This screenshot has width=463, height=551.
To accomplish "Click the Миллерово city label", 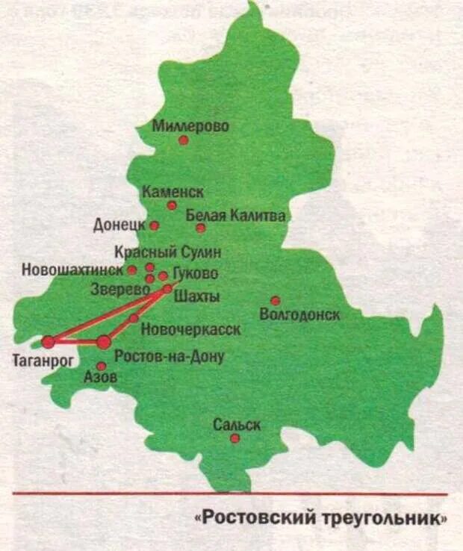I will [x=190, y=126].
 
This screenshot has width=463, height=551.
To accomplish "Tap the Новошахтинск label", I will [x=72, y=269].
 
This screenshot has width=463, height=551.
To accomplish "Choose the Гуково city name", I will [x=196, y=273].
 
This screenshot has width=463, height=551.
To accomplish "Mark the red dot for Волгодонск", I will [x=276, y=301].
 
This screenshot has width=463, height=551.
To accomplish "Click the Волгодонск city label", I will [x=299, y=315].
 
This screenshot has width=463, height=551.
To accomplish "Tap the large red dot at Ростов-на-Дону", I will [x=104, y=342].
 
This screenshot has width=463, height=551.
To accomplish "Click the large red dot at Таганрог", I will [x=49, y=342].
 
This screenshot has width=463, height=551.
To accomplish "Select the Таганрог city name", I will [x=40, y=362].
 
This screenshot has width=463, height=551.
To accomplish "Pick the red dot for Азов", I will [x=101, y=366].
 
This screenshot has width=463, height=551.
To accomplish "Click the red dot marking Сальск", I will [x=234, y=438].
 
